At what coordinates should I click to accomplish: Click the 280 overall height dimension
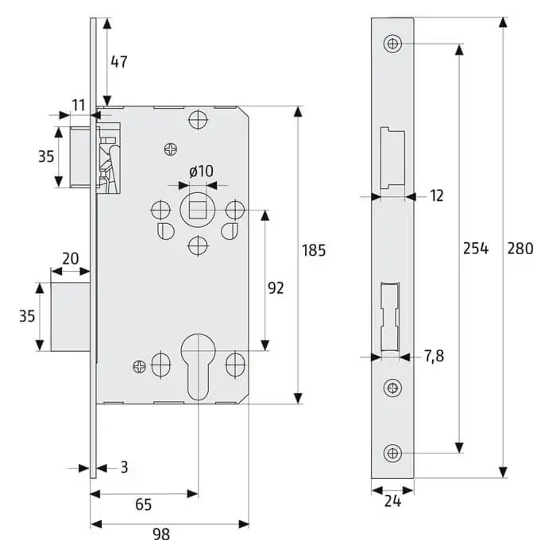point(520,248)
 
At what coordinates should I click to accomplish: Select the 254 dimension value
point(476,248)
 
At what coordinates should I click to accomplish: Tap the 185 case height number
point(314,250)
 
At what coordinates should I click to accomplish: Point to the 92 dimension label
point(276,288)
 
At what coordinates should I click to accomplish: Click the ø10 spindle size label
point(201,172)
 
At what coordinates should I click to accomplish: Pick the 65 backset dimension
point(144,504)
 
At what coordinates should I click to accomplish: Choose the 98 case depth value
point(161,534)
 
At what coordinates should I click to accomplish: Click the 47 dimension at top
point(119,62)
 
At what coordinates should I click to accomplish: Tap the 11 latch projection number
point(79,106)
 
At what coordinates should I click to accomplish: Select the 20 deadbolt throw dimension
point(71,259)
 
